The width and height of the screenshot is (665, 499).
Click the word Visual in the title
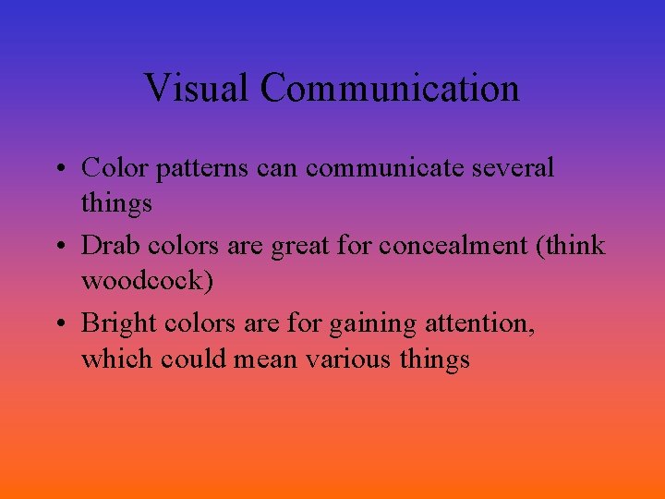point(197,89)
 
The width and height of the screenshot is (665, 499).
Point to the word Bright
point(118,324)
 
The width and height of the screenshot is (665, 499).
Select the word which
point(116,358)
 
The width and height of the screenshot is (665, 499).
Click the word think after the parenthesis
point(576,246)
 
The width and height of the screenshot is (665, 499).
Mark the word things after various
point(435,359)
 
